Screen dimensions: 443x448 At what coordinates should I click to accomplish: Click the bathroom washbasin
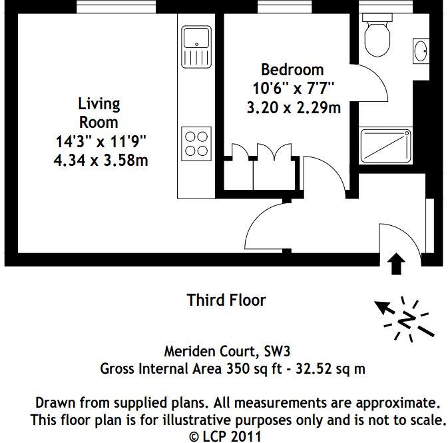click(420, 50)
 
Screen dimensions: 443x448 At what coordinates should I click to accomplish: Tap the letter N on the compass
click(404, 320)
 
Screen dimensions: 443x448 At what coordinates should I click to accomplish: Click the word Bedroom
click(292, 69)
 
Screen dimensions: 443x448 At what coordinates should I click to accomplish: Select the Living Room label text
click(99, 113)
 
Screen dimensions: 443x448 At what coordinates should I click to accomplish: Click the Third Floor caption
click(226, 300)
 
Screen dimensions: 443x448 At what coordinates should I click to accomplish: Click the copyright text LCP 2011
click(232, 436)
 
